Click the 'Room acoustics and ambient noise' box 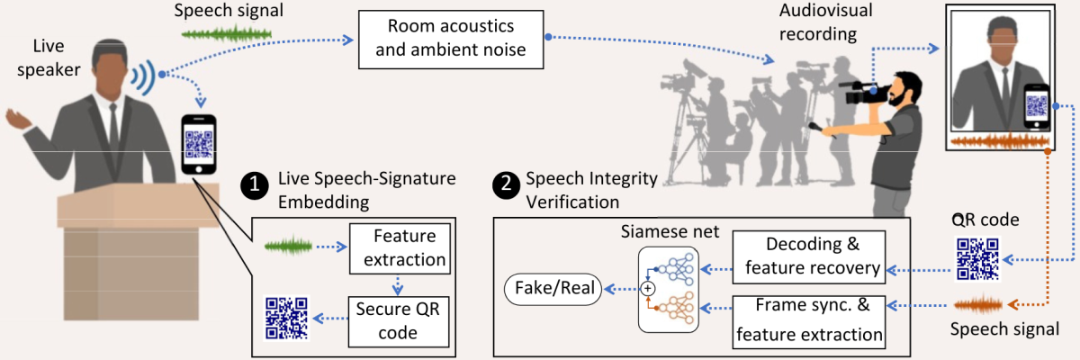(451, 40)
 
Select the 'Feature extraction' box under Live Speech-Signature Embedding (399, 248)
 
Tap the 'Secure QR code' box (399, 320)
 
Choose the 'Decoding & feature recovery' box (808, 256)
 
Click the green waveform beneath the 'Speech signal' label (227, 35)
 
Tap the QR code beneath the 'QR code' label (976, 258)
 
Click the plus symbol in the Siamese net (645, 289)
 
